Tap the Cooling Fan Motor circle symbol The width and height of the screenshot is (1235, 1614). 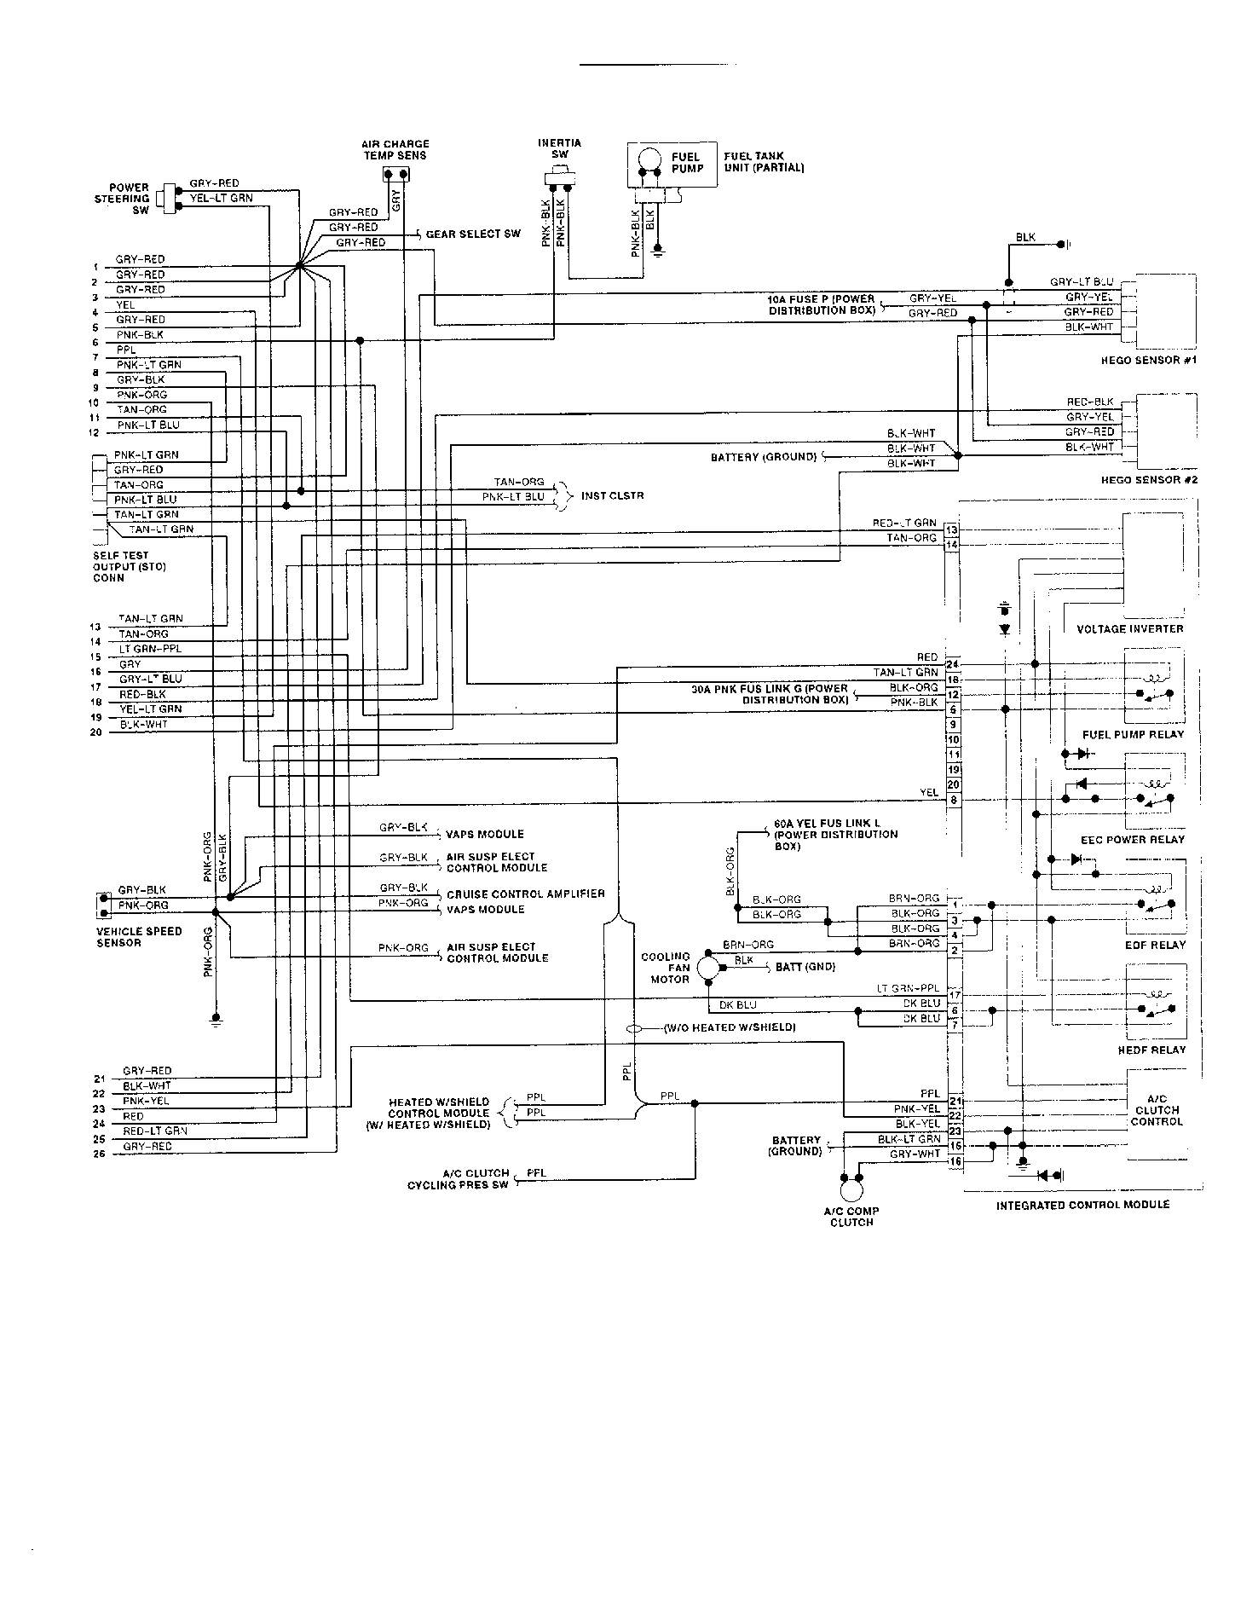(x=707, y=968)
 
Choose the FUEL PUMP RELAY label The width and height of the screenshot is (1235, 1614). (x=1133, y=734)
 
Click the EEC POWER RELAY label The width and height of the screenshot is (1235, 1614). (x=1132, y=839)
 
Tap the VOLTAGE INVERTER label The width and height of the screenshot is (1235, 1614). (x=1130, y=628)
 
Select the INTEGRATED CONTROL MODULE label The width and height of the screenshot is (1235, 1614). (x=1082, y=1205)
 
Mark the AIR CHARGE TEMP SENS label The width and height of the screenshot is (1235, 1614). (x=395, y=150)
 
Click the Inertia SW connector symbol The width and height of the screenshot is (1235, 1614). (x=559, y=179)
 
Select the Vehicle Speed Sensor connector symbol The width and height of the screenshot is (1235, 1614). (x=103, y=905)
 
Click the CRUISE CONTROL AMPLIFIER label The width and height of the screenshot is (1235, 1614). (x=525, y=894)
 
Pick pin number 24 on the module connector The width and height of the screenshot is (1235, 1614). (x=953, y=664)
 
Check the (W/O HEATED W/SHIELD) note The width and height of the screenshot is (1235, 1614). (x=729, y=1027)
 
